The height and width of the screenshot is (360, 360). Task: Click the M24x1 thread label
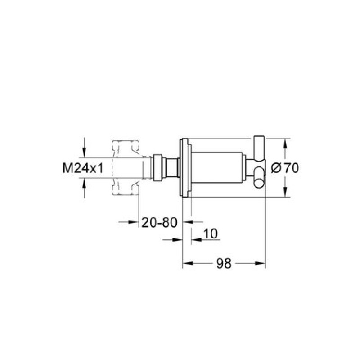83,168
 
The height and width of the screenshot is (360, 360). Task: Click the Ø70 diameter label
285,168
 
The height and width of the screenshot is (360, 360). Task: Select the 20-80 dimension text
159,222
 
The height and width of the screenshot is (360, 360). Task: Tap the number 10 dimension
210,234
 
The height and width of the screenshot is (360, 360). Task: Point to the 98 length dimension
224,263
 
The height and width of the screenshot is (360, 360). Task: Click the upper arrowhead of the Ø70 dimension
285,144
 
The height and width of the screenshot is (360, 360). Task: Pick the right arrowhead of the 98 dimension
260,263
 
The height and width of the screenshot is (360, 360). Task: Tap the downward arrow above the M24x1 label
84,152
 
